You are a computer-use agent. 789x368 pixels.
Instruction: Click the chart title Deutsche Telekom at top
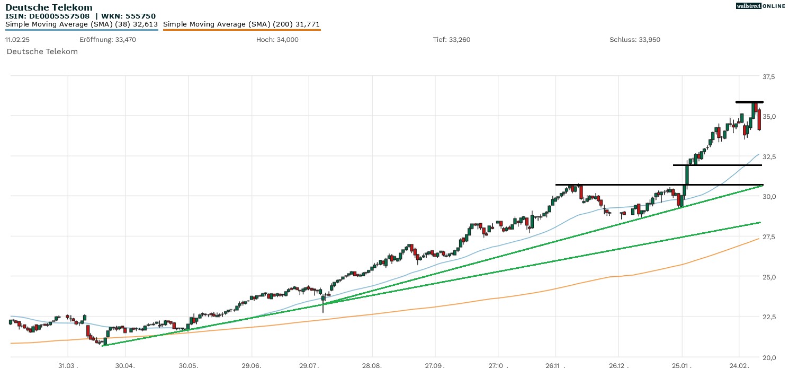(49, 7)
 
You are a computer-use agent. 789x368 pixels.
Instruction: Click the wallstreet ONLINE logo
(760, 6)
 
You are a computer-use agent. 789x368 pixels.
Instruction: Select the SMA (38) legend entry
(82, 24)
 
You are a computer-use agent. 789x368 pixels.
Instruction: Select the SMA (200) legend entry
(241, 24)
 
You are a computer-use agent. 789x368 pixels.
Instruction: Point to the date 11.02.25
(17, 40)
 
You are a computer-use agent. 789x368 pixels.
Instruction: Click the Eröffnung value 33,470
(125, 40)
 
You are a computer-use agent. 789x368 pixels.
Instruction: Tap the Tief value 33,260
(459, 40)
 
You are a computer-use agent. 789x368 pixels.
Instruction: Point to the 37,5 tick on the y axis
(768, 77)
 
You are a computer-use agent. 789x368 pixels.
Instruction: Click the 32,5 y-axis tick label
(768, 157)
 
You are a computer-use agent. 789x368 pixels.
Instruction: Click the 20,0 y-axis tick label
(768, 357)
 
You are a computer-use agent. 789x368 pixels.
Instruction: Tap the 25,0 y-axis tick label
(768, 277)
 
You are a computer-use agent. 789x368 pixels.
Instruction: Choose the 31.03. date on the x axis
(68, 365)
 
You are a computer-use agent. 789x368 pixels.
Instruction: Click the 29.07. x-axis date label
(309, 365)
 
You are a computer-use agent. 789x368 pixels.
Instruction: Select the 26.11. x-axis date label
(555, 365)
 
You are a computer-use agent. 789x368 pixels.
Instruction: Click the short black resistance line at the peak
(749, 102)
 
